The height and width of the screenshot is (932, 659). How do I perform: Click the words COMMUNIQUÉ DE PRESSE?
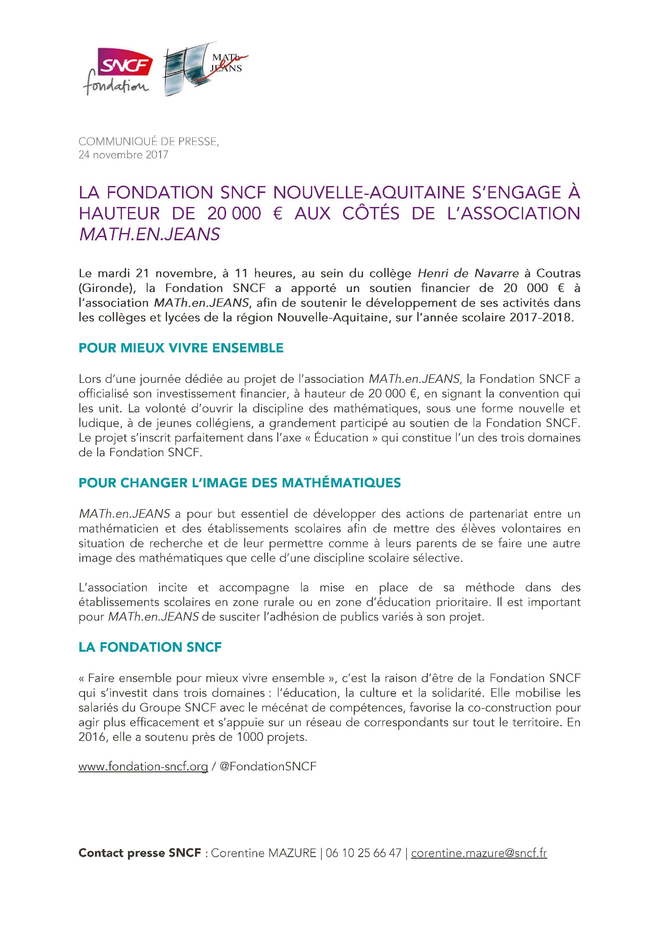[x=148, y=142]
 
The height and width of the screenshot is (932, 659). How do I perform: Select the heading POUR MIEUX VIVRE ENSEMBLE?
[x=181, y=348]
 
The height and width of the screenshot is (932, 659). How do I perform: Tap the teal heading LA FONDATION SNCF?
[x=150, y=647]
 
